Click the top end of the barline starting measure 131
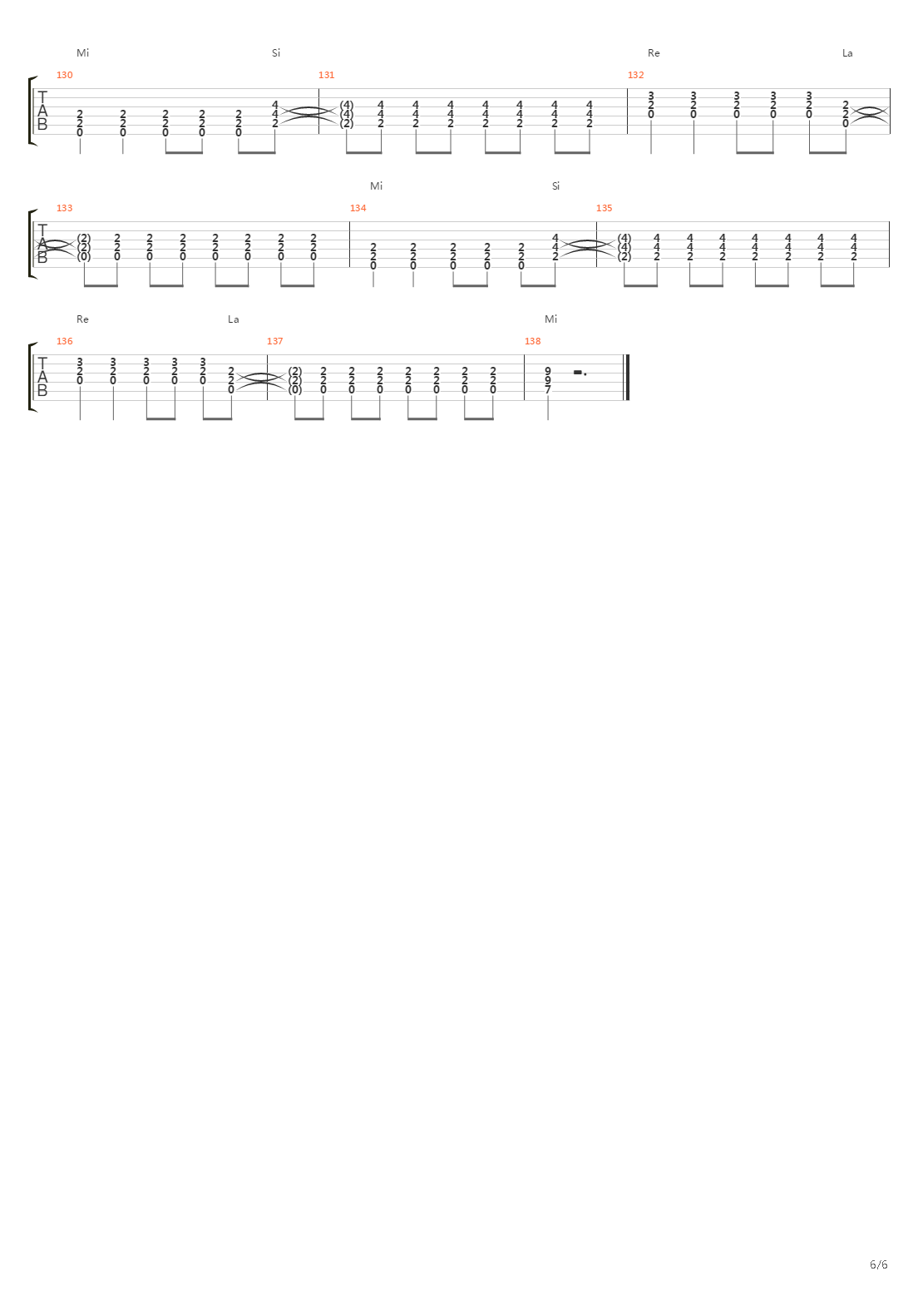tap(318, 89)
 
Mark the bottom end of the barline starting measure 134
tap(349, 267)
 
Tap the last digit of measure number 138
tap(538, 341)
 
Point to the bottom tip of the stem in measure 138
tap(548, 419)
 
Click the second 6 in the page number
tap(885, 1264)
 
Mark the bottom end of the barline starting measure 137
tap(268, 400)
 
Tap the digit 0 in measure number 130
tap(70, 75)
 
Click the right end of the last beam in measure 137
tap(493, 418)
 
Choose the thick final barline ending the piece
tap(627, 377)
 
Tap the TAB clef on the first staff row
tap(42, 111)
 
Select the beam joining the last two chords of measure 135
tap(837, 285)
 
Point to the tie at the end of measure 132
tap(870, 114)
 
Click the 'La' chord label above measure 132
tap(847, 53)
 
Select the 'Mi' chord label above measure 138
tap(550, 319)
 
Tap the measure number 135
tap(605, 208)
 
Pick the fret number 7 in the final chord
tap(548, 390)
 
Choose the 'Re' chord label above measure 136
tap(82, 319)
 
